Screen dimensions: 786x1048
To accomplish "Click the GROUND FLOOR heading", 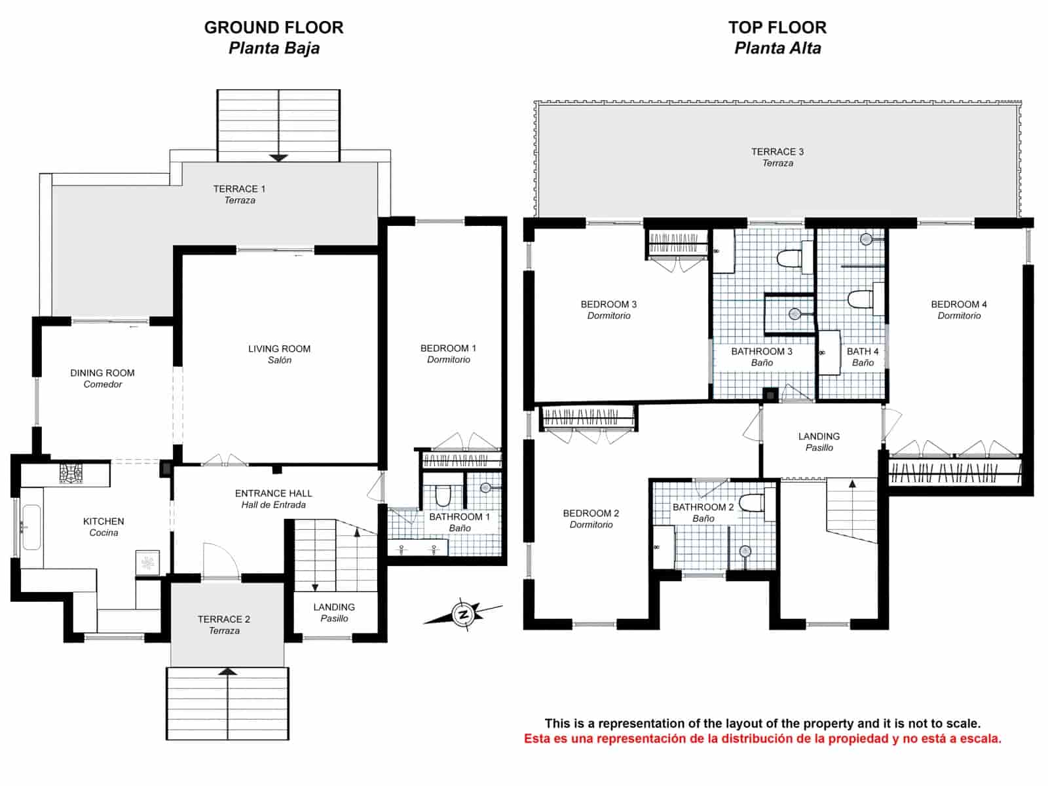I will click(273, 28).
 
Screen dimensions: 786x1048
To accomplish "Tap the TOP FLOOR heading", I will click(777, 28).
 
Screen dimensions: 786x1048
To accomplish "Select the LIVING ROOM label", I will click(279, 349).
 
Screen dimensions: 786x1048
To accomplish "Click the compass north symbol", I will click(463, 614).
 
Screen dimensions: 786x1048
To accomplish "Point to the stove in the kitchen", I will click(71, 472).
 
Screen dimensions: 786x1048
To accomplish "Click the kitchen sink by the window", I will click(31, 527).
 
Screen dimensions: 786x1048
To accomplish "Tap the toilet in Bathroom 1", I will click(443, 496).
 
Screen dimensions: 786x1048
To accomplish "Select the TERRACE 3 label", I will click(777, 152).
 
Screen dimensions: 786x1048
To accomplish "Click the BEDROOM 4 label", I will click(958, 305).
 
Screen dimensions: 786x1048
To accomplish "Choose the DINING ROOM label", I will click(102, 373).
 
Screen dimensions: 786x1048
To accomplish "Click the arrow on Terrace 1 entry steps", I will click(278, 157).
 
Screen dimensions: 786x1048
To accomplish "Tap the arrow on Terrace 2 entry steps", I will click(227, 671).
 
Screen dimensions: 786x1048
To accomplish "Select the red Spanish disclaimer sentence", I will click(762, 739).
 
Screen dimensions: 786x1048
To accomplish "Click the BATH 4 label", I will click(862, 352).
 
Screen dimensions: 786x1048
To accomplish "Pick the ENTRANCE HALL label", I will click(273, 494).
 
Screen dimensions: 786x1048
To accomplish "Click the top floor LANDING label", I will click(819, 437).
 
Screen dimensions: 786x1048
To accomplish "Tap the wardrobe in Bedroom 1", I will click(461, 460).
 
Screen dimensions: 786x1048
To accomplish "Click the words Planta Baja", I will click(274, 48).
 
